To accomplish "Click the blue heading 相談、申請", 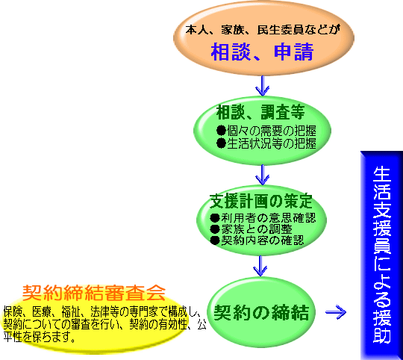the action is [x=262, y=52].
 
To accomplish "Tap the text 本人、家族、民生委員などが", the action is [x=263, y=30].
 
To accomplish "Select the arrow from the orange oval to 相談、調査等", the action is [x=263, y=86].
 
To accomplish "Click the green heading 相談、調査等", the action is [x=260, y=112].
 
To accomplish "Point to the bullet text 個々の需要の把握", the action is [x=272, y=131].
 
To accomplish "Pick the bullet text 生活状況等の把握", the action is [x=272, y=143].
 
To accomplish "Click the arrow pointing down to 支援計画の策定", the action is [x=263, y=175].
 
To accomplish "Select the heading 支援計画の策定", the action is [x=261, y=201].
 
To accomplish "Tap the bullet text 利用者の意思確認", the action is [x=268, y=218].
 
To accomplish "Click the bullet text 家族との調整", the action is [x=256, y=229].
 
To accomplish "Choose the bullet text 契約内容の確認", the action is [x=262, y=240].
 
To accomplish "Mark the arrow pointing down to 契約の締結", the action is [x=260, y=266].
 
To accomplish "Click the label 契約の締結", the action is [x=261, y=312].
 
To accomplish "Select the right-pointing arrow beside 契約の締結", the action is [x=336, y=312].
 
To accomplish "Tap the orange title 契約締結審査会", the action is [x=94, y=293].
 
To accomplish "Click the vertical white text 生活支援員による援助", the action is [x=382, y=255].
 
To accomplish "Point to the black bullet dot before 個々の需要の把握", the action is [x=221, y=131].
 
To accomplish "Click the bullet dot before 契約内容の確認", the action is [x=215, y=240].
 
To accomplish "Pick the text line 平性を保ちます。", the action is [x=40, y=337].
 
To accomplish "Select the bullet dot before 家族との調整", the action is [x=215, y=229].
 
